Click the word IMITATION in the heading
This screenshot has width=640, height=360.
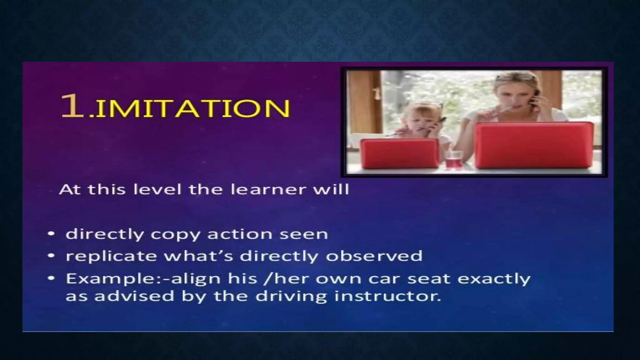[x=192, y=108]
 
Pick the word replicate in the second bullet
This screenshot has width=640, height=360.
[x=111, y=256]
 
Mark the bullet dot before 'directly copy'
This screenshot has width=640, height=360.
[x=51, y=234]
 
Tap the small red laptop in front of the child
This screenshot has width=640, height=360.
[x=399, y=154]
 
